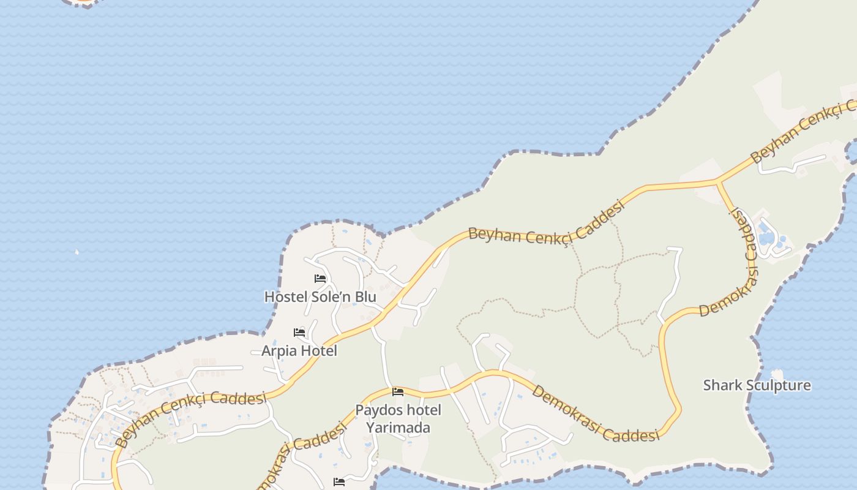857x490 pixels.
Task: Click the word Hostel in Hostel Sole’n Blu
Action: click(x=283, y=297)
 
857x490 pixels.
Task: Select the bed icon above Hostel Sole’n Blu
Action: click(x=320, y=279)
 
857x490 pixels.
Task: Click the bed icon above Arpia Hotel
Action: click(x=299, y=333)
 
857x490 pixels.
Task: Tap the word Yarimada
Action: click(x=399, y=428)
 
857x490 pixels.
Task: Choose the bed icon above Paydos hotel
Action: click(x=398, y=392)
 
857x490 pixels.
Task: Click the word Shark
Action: click(x=722, y=385)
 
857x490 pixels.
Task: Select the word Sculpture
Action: click(x=778, y=385)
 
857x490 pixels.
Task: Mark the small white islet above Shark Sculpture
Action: click(x=777, y=373)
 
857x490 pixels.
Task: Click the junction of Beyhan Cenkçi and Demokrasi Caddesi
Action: click(x=717, y=182)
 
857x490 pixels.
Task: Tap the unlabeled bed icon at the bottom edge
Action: click(x=339, y=482)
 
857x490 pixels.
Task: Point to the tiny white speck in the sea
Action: click(x=77, y=251)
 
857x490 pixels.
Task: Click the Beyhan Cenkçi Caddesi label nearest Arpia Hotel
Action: click(x=190, y=417)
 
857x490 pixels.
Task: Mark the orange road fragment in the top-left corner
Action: click(x=83, y=2)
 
